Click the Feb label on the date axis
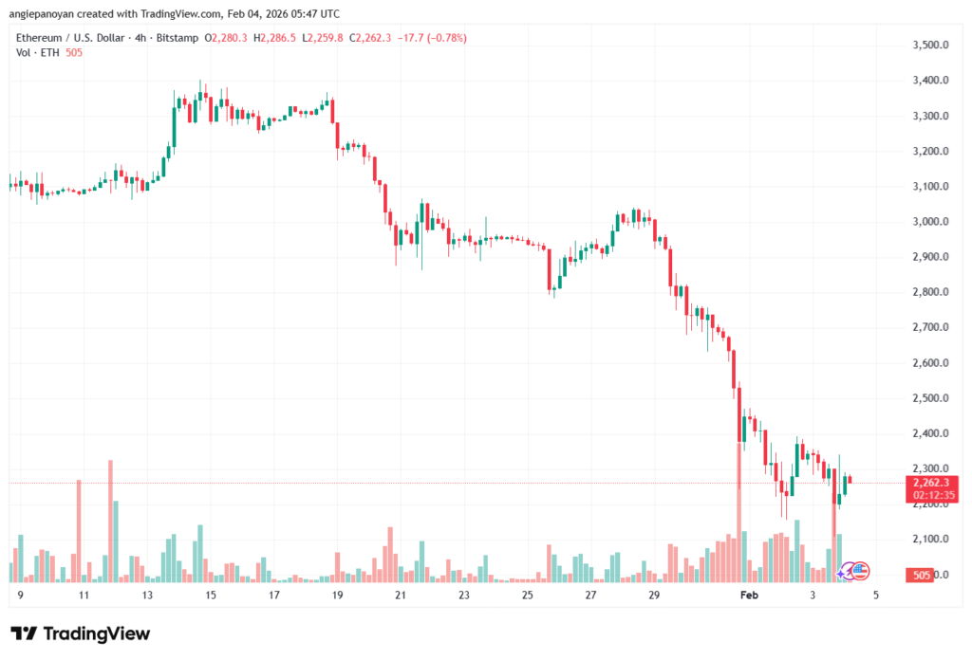[750, 596]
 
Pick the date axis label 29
[654, 596]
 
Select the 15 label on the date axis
[210, 596]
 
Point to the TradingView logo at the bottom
[81, 633]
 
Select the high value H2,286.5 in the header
[273, 38]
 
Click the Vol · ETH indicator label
[34, 53]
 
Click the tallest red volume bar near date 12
[110, 521]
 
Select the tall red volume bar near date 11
[79, 530]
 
